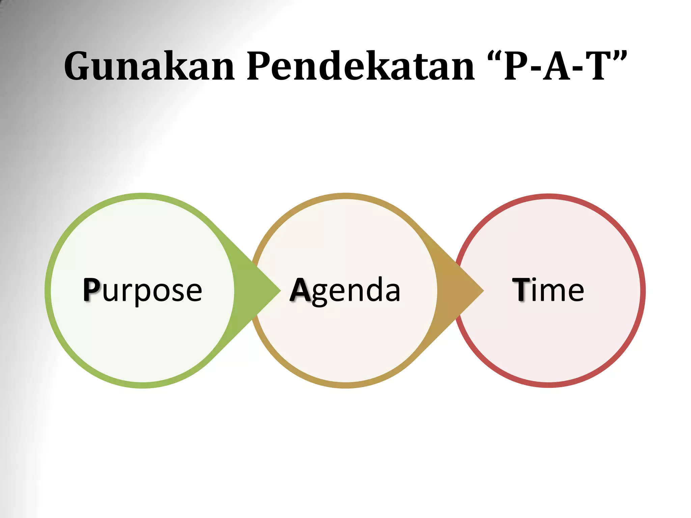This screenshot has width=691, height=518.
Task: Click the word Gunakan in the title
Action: (x=149, y=66)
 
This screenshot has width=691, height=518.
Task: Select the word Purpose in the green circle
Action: (x=142, y=290)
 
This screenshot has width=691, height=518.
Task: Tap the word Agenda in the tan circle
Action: (x=345, y=290)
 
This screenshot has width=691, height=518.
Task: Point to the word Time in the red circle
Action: (x=548, y=290)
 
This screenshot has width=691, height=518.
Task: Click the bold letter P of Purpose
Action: (x=91, y=289)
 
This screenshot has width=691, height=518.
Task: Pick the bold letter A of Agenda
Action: (x=300, y=289)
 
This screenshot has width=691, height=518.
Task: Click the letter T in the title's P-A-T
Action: (x=598, y=66)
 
